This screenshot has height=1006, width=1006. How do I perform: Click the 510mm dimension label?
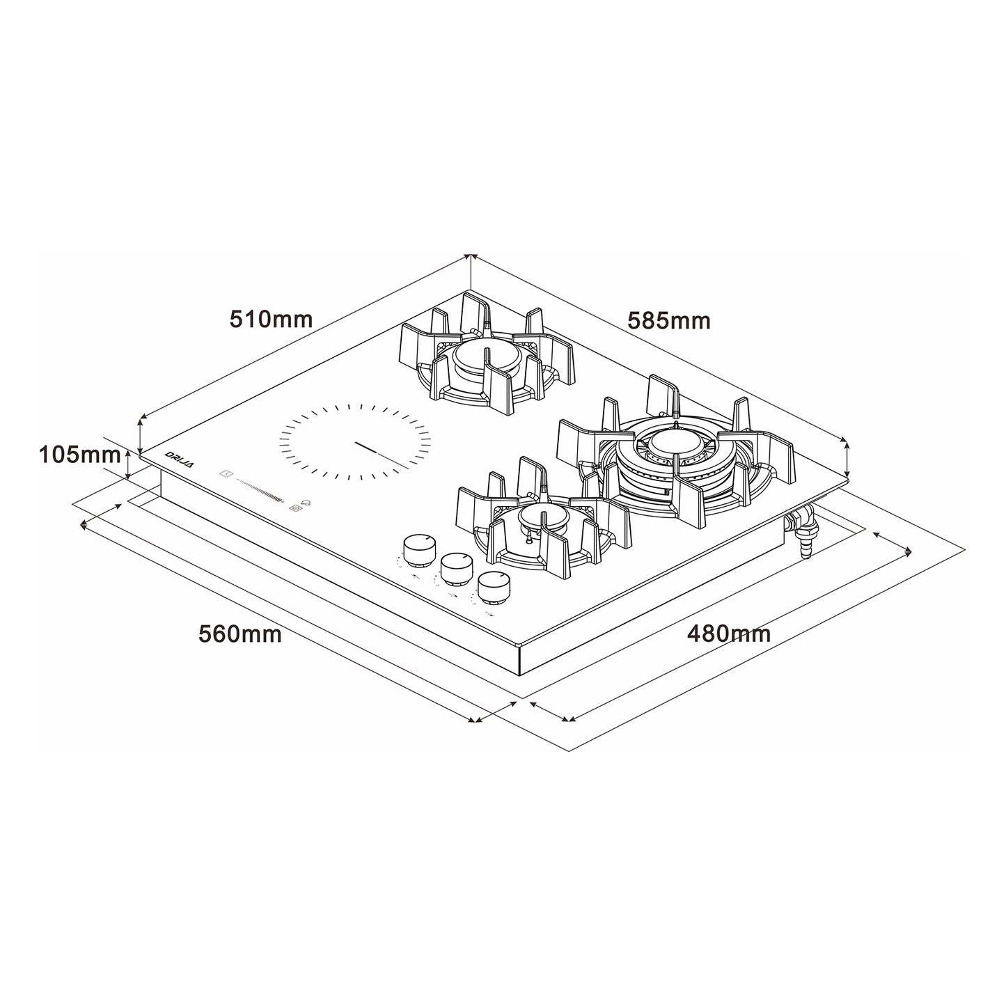(x=271, y=319)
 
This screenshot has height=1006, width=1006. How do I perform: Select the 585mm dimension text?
(x=669, y=320)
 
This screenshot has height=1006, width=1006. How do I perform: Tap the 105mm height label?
(x=80, y=455)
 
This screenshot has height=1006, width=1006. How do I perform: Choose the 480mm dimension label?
(x=729, y=634)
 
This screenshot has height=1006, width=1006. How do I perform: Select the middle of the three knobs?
(x=456, y=569)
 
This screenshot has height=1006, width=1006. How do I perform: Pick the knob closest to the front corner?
(x=494, y=588)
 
